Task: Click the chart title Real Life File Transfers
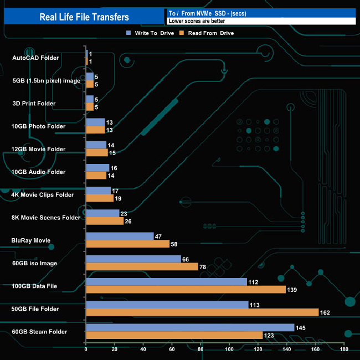tap(84, 17)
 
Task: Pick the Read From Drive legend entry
tap(210, 33)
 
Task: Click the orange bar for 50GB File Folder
tap(202, 312)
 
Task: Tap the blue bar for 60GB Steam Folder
tap(190, 327)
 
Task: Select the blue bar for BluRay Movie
tap(120, 236)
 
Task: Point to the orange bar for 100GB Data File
tap(186, 290)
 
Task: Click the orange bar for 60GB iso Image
tap(142, 267)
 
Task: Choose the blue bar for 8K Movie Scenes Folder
tap(102, 213)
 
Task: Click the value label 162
tap(326, 312)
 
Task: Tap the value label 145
tap(301, 327)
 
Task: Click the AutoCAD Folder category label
tap(35, 58)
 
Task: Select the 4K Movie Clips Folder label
tap(43, 194)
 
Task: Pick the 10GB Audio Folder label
tap(39, 172)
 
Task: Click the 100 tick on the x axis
tap(229, 349)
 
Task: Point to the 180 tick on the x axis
tap(344, 349)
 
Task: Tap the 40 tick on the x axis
tap(143, 349)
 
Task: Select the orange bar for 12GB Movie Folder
tap(97, 153)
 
